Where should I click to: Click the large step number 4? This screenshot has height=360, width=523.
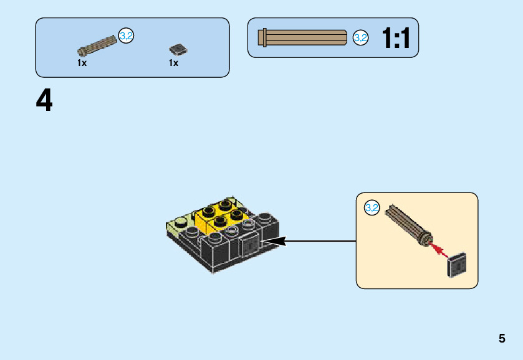[44, 101]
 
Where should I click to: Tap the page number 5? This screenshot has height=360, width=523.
[502, 339]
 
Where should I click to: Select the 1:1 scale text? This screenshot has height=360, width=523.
[396, 39]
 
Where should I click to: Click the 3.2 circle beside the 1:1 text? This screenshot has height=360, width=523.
[360, 37]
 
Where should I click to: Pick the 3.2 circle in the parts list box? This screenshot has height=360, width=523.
[126, 36]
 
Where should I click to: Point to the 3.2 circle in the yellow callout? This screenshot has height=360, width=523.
[372, 208]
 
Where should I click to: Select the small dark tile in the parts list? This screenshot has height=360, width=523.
[178, 49]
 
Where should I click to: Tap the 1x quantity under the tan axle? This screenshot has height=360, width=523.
[82, 63]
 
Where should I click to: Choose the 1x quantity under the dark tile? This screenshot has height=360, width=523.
[173, 63]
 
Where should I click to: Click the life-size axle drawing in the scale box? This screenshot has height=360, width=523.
[305, 37]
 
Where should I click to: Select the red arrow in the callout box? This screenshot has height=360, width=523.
[440, 250]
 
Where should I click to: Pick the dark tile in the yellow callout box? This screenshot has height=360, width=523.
[458, 265]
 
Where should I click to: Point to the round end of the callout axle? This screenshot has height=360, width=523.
[426, 238]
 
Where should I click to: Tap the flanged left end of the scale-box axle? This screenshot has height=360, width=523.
[263, 37]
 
